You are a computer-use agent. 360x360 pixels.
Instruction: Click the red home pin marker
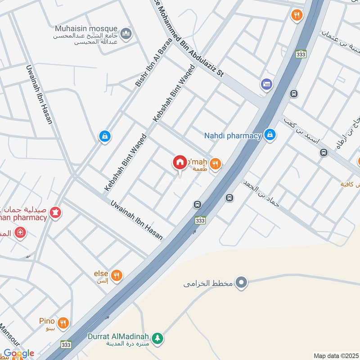pyautogui.click(x=180, y=162)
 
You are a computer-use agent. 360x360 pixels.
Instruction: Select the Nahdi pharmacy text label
pyautogui.click(x=233, y=135)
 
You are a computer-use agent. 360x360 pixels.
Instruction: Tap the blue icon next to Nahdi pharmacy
pyautogui.click(x=270, y=135)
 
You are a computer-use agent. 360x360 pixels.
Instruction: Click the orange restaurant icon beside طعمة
pyautogui.click(x=216, y=165)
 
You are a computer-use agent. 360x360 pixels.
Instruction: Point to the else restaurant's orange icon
pyautogui.click(x=117, y=274)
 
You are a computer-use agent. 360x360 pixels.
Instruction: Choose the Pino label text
pyautogui.click(x=46, y=321)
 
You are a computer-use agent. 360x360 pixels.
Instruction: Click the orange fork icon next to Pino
pyautogui.click(x=63, y=322)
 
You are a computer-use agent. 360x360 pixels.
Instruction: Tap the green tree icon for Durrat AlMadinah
pyautogui.click(x=157, y=337)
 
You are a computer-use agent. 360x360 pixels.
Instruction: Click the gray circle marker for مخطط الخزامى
pyautogui.click(x=242, y=283)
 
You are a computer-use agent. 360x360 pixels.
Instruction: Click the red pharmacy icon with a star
pyautogui.click(x=55, y=211)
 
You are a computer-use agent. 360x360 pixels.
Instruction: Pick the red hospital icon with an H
pyautogui.click(x=20, y=233)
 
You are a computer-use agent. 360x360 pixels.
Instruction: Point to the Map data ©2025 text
pyautogui.click(x=335, y=355)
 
